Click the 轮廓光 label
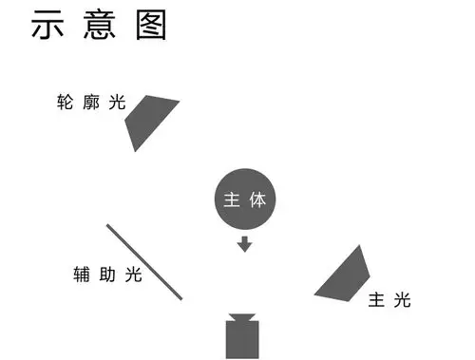pos(91,103)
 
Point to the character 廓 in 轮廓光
pos(91,103)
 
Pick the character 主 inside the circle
pos(232,200)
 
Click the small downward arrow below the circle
pos(245,244)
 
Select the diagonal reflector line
pos(144,261)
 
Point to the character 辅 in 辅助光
pos(83,275)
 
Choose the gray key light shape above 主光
pos(348,276)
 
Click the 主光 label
pos(389,300)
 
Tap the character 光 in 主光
pos(402,300)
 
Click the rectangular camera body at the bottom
pos(242,340)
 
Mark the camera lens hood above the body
pos(242,316)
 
